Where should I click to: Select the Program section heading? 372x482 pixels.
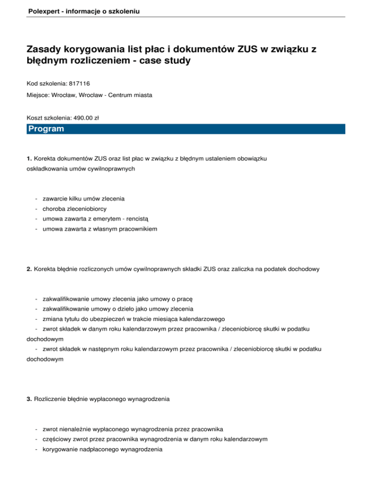46,129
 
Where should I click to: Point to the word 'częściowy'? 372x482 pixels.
58,439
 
